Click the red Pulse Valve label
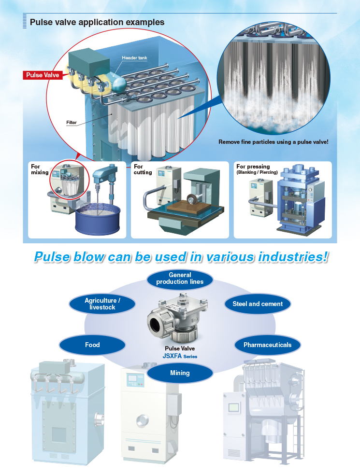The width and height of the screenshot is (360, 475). pos(43,75)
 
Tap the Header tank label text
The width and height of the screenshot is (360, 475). pos(134,58)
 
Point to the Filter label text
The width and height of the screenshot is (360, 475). pos(72,123)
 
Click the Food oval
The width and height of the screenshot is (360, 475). pos(92,345)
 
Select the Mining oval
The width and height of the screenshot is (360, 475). pos(180,373)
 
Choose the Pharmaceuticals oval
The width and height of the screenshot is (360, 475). pos(268,345)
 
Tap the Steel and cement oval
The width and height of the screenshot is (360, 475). pos(258,304)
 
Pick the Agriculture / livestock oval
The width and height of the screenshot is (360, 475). pos(102,304)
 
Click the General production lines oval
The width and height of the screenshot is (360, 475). pos(180,279)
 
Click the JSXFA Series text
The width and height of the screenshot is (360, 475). pos(180,356)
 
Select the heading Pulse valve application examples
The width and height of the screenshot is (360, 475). pos(97,22)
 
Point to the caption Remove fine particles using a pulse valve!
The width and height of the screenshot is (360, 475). pos(273,142)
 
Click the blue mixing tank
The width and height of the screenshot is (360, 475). pos(97,219)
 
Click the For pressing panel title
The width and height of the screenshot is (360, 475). pos(253,167)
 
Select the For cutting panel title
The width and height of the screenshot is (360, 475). pos(143,169)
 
